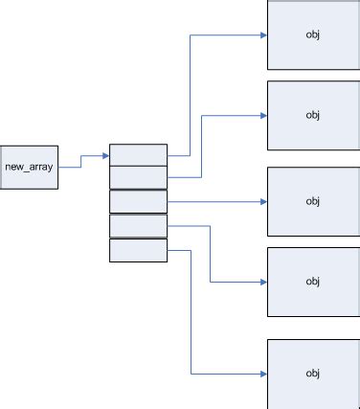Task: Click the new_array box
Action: tap(30, 167)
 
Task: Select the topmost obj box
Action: tap(312, 35)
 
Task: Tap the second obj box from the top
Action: tap(312, 115)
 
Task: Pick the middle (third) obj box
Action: tap(312, 201)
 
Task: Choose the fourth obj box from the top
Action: tap(312, 282)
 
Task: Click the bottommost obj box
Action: tap(312, 373)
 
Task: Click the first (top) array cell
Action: tap(138, 154)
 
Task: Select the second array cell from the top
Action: tap(138, 177)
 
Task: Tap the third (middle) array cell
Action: tap(138, 201)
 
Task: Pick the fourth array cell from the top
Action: tap(138, 225)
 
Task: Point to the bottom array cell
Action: tap(138, 249)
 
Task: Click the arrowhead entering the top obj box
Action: tap(261, 35)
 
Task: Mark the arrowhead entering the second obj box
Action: tap(261, 115)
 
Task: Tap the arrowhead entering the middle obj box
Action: tap(261, 202)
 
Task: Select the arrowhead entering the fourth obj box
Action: tap(261, 282)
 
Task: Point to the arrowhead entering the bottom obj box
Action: tap(261, 373)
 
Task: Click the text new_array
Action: tap(30, 167)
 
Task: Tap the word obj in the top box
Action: tap(312, 35)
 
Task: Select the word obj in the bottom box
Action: tap(312, 373)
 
